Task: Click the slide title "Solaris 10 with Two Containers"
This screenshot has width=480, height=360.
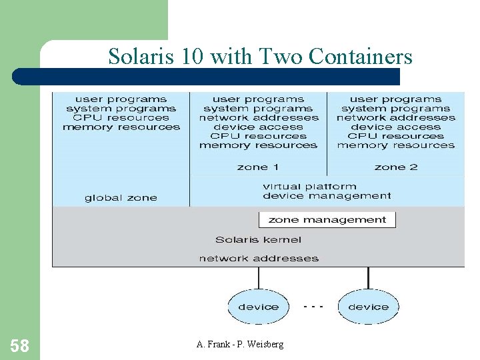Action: [x=260, y=56]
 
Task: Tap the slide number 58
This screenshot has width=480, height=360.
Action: [x=20, y=345]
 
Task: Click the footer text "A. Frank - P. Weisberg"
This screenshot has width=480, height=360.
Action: [x=240, y=344]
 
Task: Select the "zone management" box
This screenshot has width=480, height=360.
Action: [x=327, y=219]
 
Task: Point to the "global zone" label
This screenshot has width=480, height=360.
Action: [x=121, y=197]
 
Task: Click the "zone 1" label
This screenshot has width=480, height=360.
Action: [x=258, y=167]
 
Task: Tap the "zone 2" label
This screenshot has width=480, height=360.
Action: [x=396, y=167]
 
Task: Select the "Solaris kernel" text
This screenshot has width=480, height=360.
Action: [x=258, y=239]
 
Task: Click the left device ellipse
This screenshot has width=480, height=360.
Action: [x=259, y=307]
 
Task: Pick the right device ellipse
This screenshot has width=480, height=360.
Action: [x=368, y=307]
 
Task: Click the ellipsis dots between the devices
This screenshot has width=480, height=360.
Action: [x=313, y=306]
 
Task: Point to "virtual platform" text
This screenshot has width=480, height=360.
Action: [x=309, y=187]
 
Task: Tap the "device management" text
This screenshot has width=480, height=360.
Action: [x=327, y=196]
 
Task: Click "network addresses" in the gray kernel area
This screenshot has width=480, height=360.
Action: [x=259, y=258]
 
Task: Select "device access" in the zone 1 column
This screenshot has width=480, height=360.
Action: [x=259, y=127]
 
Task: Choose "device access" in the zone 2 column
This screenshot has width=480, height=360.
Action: [x=396, y=127]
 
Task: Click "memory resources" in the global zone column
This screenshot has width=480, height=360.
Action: [x=121, y=127]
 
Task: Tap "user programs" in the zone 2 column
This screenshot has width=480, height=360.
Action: [x=396, y=99]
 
